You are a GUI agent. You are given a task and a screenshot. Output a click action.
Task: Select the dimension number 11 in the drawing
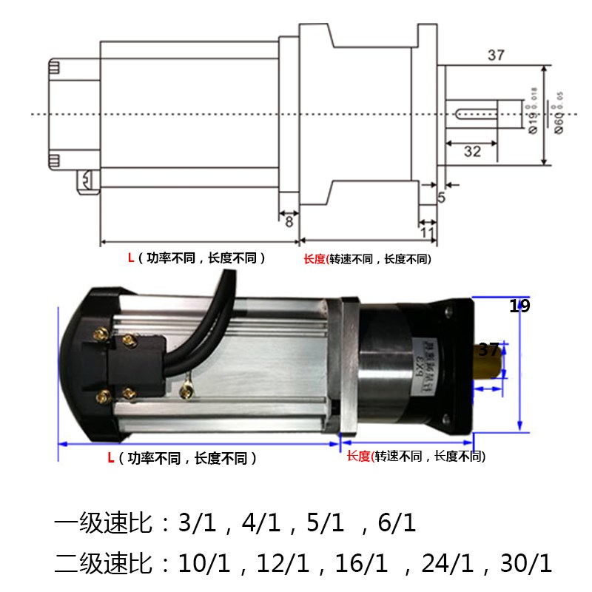coord(427,232)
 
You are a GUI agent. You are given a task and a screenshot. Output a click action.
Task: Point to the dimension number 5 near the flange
coord(442,198)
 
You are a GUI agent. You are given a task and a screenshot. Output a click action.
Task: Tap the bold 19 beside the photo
coord(519,306)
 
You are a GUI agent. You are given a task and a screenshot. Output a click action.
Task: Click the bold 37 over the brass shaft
coord(489,349)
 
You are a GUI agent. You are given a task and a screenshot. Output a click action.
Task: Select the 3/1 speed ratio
coord(196,525)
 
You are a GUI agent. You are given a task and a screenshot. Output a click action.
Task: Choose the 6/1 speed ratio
coord(397,525)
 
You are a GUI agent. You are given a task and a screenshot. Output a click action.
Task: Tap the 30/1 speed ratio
coord(526,564)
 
